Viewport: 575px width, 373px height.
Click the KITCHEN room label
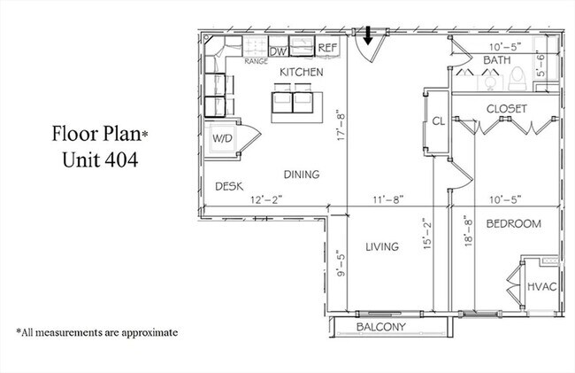(302, 72)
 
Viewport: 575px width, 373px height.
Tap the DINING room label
(302, 175)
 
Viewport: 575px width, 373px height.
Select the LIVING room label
(382, 246)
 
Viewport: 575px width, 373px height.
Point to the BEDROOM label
(513, 224)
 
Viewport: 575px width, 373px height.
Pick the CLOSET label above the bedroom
(507, 108)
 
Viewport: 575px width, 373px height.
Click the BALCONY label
(380, 328)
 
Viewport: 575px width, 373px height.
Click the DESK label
(230, 186)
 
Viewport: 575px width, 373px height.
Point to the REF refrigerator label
(327, 47)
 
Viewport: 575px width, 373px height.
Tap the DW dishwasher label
(277, 51)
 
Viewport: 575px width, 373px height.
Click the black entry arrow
(368, 35)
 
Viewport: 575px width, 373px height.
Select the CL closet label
(437, 121)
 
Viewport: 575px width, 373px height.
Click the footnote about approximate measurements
(96, 332)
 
